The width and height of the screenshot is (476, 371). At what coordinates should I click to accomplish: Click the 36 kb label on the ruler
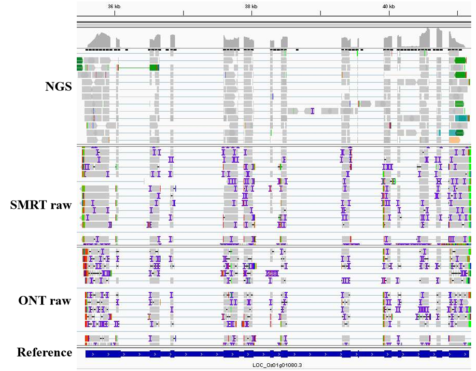[114, 6]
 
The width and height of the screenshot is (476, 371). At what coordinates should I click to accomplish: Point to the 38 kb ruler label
[251, 6]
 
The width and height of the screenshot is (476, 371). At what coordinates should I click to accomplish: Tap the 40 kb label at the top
[389, 6]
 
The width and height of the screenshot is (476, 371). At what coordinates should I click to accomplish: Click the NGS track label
[58, 86]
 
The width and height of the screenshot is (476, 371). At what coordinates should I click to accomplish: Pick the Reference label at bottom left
[44, 353]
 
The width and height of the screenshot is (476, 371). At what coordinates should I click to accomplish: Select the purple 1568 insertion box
[271, 273]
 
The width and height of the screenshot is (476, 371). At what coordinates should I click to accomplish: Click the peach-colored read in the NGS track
[454, 140]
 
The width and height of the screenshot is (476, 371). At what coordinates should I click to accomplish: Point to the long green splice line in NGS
[134, 68]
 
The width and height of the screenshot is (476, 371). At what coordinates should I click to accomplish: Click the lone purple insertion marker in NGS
[312, 111]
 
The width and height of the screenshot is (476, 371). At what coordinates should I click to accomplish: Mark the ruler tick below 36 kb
[114, 13]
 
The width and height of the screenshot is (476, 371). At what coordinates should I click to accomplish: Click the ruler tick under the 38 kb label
[252, 13]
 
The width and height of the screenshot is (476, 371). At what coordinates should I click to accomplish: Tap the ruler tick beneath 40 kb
[389, 13]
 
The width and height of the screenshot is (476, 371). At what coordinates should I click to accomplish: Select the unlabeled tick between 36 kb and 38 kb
[183, 13]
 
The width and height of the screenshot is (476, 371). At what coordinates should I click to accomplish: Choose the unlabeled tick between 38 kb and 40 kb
[321, 13]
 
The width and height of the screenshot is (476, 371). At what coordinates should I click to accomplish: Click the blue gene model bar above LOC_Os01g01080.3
[277, 354]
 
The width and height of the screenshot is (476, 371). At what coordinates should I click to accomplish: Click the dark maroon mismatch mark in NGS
[390, 126]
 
